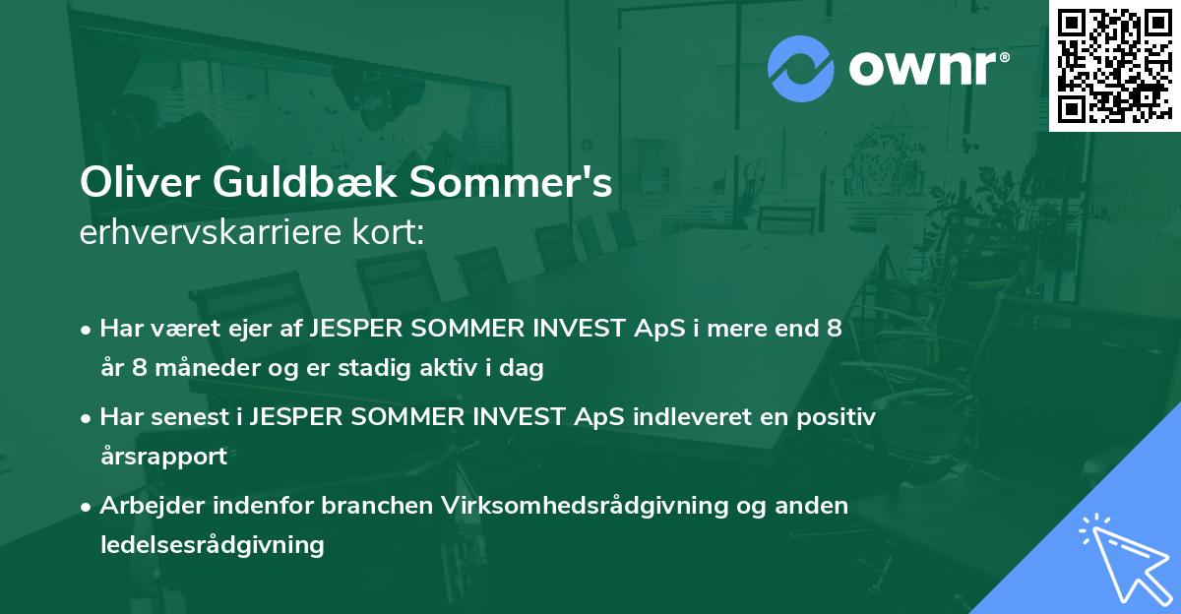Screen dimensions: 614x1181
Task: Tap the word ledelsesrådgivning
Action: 212,544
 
